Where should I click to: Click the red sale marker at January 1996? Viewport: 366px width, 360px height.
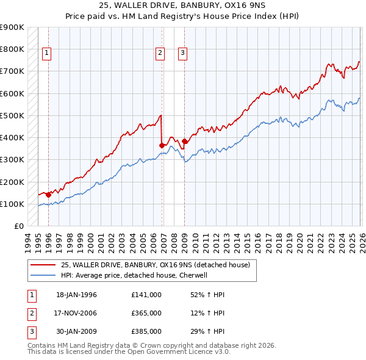click(x=48, y=195)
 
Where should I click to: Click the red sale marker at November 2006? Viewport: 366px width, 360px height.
click(x=162, y=145)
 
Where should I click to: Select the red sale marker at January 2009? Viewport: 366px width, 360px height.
click(x=185, y=141)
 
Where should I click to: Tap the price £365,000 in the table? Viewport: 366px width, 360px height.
click(x=146, y=313)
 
